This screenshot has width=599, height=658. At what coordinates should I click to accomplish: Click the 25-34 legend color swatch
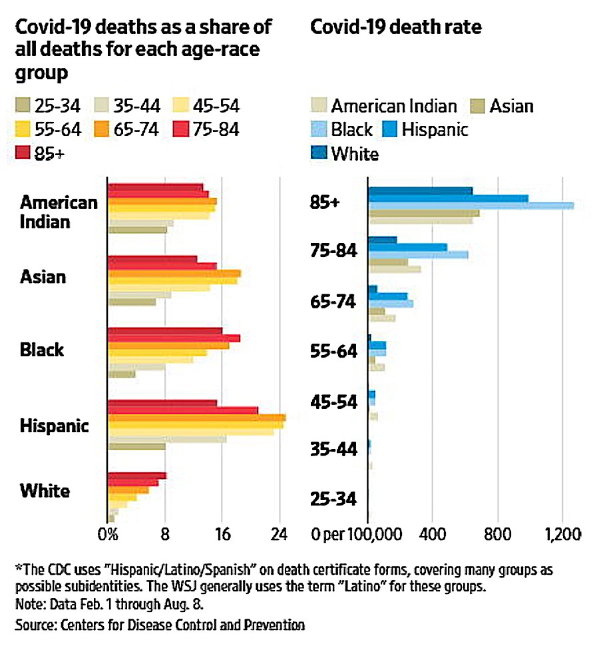pyautogui.click(x=24, y=105)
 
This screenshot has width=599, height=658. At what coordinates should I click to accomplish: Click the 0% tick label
pyautogui.click(x=107, y=534)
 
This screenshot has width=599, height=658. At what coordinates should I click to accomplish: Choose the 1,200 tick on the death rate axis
pyautogui.click(x=562, y=534)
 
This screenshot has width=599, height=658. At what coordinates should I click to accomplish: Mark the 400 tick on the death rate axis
pyautogui.click(x=432, y=534)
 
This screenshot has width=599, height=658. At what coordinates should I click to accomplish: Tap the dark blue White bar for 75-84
pyautogui.click(x=382, y=240)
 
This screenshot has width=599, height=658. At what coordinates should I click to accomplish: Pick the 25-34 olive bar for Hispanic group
pyautogui.click(x=136, y=446)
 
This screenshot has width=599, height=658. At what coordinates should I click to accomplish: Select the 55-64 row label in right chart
pyautogui.click(x=334, y=351)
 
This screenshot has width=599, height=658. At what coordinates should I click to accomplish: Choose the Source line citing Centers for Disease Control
pyautogui.click(x=160, y=625)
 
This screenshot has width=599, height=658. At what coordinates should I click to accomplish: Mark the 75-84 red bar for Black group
pyautogui.click(x=174, y=338)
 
